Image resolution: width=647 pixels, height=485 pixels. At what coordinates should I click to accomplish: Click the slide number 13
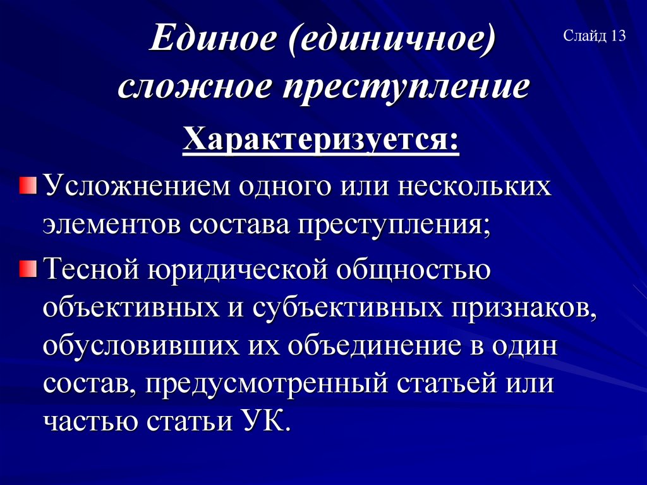618,36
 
